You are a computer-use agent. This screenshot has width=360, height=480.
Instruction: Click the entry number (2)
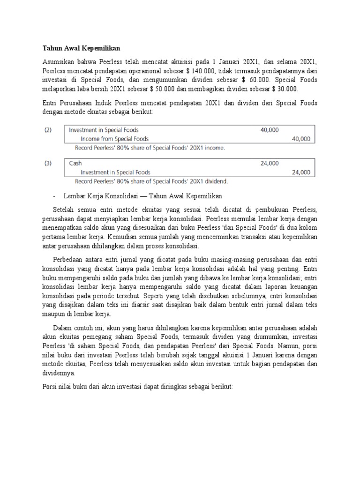click(x=48, y=130)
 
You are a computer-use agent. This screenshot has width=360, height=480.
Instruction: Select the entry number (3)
click(x=48, y=163)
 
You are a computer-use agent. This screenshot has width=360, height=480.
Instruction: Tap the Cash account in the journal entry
click(x=75, y=163)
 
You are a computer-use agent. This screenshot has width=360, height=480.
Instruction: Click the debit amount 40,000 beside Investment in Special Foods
click(x=270, y=130)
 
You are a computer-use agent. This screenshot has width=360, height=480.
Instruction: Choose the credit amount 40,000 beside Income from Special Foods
click(x=300, y=139)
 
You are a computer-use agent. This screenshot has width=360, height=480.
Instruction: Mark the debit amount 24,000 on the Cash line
click(x=270, y=163)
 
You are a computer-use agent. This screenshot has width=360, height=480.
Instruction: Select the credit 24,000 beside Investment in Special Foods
click(x=300, y=172)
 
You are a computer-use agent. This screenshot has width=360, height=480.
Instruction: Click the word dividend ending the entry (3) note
click(x=215, y=180)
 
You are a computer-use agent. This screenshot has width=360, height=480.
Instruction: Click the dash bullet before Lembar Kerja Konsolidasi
click(x=55, y=195)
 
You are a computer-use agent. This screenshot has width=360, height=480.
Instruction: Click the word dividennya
click(x=59, y=374)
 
